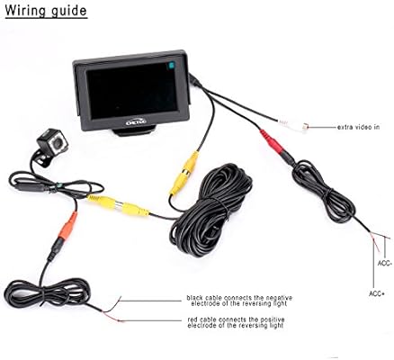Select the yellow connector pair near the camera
122,206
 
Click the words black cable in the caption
207,296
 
